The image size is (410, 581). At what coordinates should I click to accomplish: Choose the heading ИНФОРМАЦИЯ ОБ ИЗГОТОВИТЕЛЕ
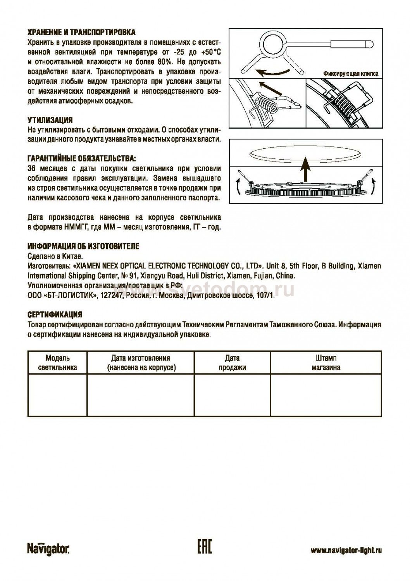[x=83, y=247]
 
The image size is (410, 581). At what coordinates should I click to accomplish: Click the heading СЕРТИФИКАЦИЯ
[x=55, y=314]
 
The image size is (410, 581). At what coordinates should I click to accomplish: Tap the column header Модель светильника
[x=58, y=363]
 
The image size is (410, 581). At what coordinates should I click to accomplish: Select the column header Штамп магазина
[x=326, y=363]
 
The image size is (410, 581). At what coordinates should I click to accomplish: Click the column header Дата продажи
[x=232, y=363]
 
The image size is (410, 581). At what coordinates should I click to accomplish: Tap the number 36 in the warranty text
[x=33, y=169]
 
